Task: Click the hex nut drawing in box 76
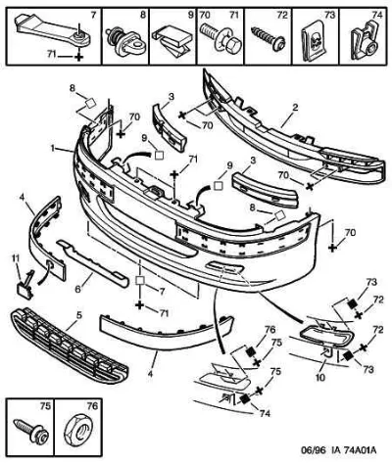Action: click(78, 432)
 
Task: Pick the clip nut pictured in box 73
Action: click(314, 42)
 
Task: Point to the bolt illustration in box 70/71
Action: click(220, 37)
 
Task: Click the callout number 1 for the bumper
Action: click(53, 148)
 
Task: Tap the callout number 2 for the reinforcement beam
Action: click(295, 107)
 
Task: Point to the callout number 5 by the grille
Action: click(79, 315)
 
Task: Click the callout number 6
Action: click(77, 289)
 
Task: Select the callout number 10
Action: click(320, 378)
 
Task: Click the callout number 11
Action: click(16, 258)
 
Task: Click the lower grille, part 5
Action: click(70, 347)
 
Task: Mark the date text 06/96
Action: click(310, 451)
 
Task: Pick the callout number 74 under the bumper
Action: click(265, 413)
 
